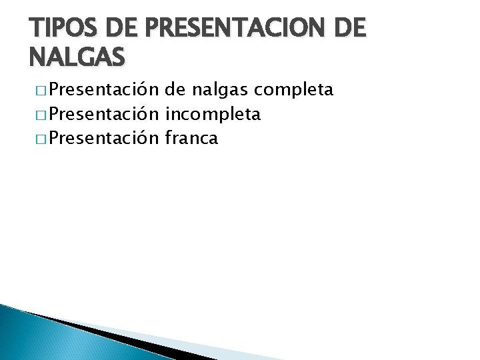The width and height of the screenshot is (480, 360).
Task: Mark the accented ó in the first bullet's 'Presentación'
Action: click(141, 90)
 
